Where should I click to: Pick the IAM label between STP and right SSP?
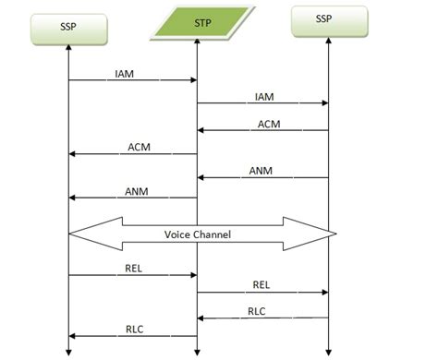[x=263, y=95]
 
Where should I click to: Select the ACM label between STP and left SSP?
[x=138, y=147]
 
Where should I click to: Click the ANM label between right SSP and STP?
[x=262, y=171]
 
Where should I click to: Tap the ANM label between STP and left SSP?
[x=136, y=192]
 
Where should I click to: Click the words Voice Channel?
[x=197, y=234]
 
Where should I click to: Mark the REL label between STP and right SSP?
[x=262, y=284]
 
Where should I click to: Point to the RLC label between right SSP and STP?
[x=257, y=311]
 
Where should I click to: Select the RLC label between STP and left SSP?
[x=134, y=329]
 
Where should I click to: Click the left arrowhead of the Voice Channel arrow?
[x=83, y=234]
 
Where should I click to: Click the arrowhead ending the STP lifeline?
[x=197, y=350]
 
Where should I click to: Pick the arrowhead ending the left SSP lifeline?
[x=69, y=350]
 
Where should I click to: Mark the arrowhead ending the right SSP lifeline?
[x=328, y=350]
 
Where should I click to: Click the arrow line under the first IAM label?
[x=133, y=81]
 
